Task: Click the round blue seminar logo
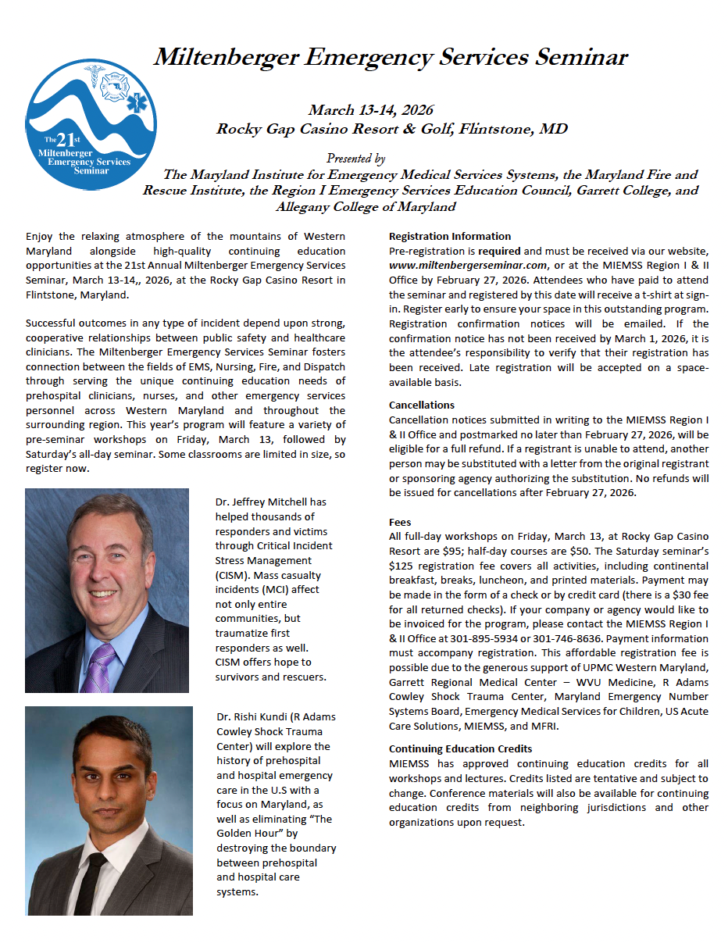[91, 124]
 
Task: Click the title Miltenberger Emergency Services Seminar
[390, 57]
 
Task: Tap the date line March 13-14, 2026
[370, 110]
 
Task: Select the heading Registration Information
[450, 236]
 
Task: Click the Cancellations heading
[422, 405]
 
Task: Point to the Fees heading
[400, 522]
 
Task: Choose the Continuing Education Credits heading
[460, 748]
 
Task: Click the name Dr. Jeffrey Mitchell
[271, 502]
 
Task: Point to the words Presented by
[355, 159]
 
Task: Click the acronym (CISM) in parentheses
[232, 574]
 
